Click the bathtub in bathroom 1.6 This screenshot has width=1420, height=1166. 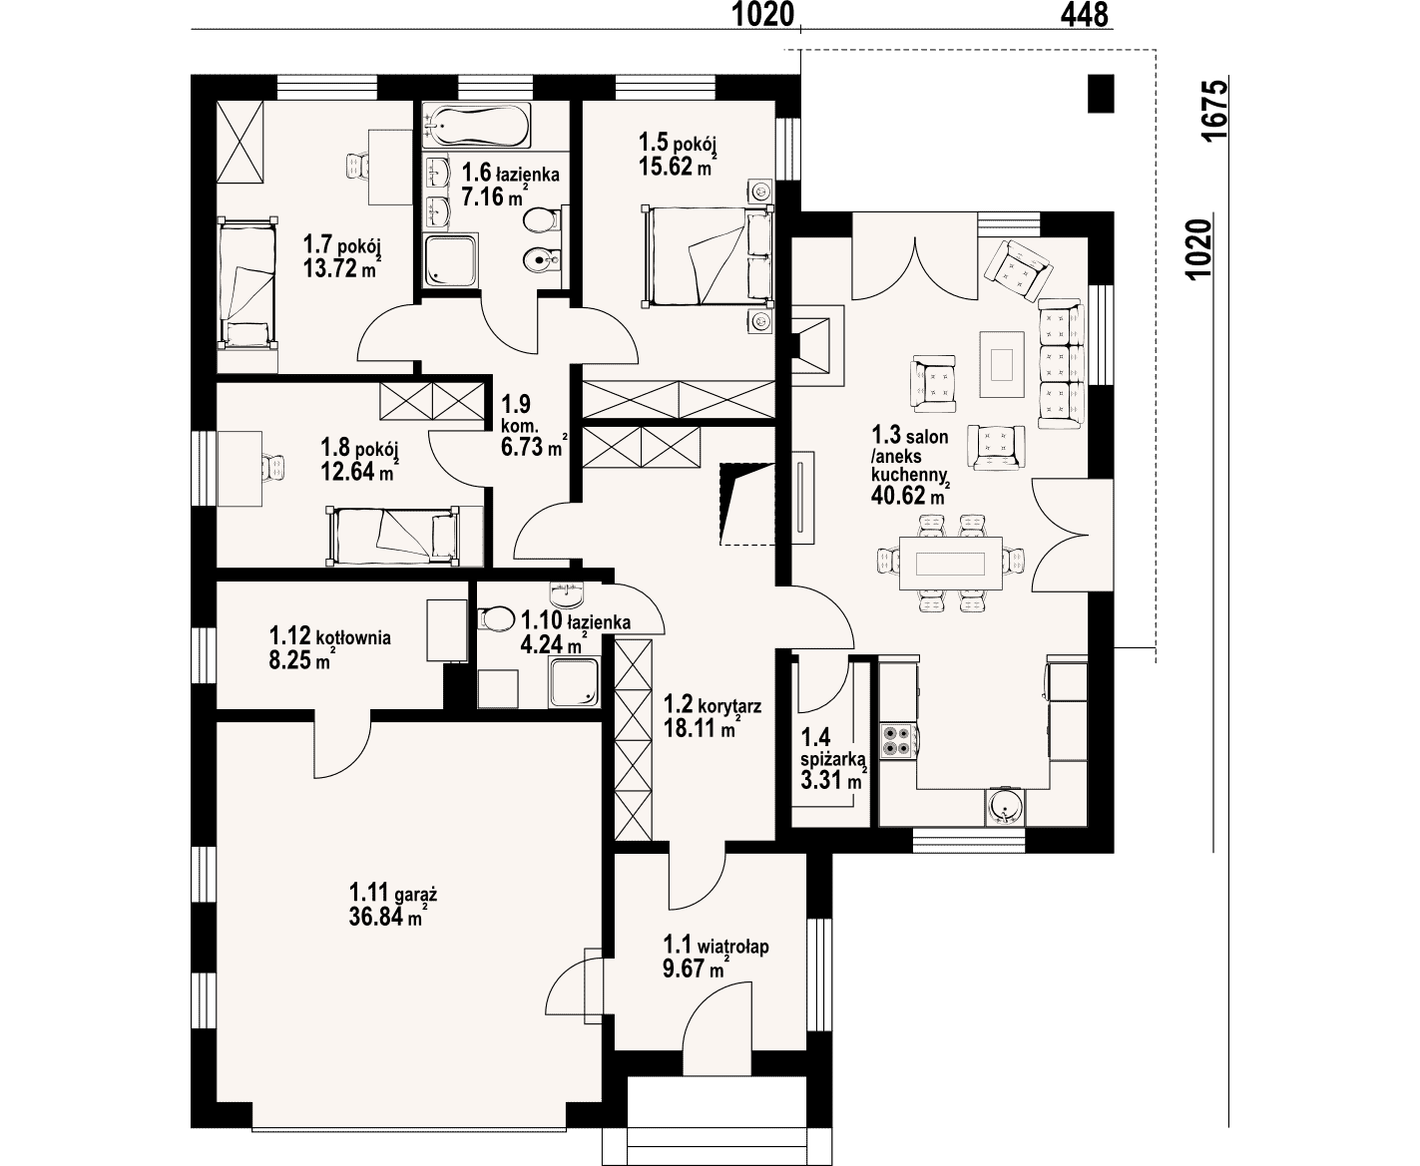pos(476,125)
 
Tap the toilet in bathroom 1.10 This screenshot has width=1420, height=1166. pos(495,618)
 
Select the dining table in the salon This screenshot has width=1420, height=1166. pos(951,563)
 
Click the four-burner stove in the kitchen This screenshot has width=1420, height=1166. pos(897,740)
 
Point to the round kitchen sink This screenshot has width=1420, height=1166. pos(1005,807)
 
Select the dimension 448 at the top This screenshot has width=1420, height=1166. pos(1084,15)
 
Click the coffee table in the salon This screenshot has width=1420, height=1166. pos(1001,365)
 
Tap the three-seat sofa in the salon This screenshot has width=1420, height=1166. pos(1061,364)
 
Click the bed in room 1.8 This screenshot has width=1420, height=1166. pos(392,536)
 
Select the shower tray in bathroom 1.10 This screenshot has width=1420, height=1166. pos(574,682)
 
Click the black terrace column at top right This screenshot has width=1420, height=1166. pos(1101,93)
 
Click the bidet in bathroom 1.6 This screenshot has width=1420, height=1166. pos(541,258)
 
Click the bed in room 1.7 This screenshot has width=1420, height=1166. pos(247,282)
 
